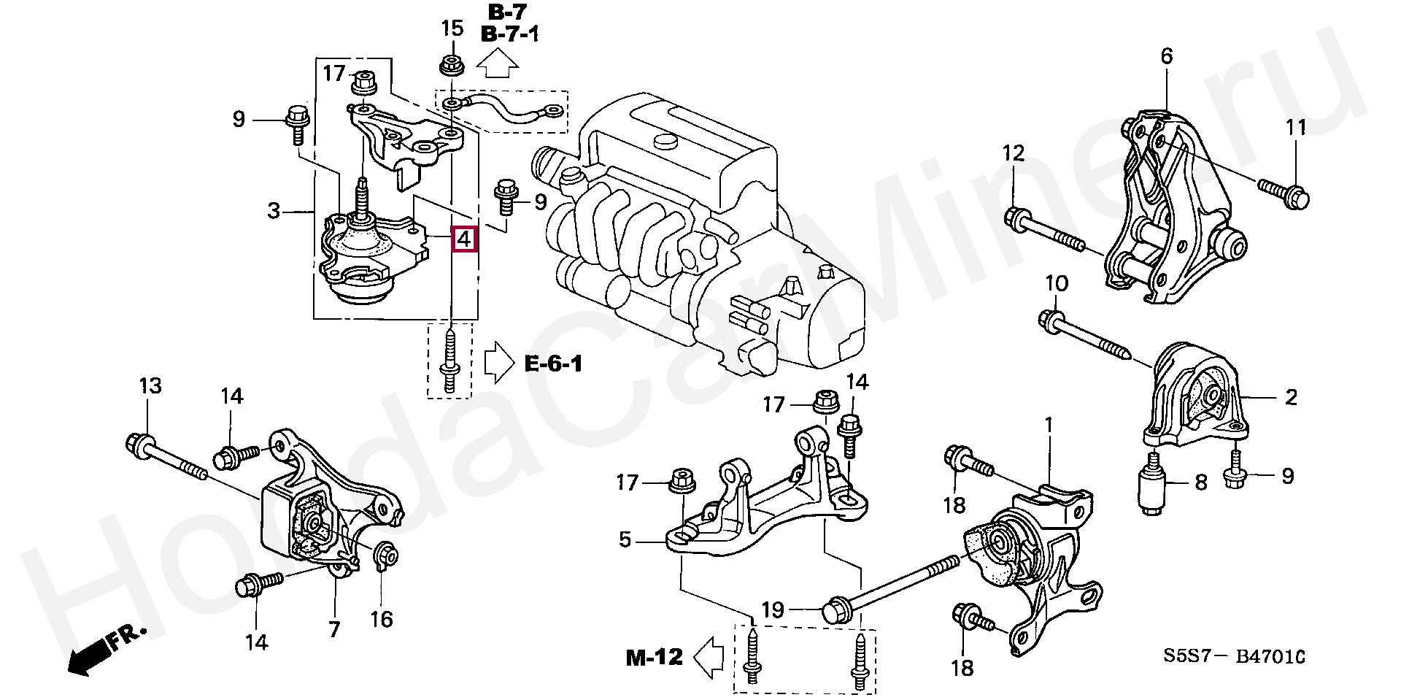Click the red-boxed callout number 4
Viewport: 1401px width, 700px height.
(465, 239)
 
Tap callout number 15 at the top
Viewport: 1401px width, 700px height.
(452, 30)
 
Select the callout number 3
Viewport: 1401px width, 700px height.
(274, 212)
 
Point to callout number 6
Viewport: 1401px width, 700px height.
(1166, 56)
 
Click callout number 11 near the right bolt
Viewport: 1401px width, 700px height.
(1296, 128)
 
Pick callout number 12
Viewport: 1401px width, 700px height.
(1013, 153)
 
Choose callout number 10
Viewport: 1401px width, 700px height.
(1057, 283)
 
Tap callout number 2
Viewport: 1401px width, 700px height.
(1291, 398)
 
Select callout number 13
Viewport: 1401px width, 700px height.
(150, 386)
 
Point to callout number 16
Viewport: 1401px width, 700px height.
(381, 619)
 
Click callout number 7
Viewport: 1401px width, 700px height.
(334, 628)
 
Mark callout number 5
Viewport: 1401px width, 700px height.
(625, 540)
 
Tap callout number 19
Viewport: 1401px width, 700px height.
(773, 609)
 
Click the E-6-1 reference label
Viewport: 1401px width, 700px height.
(553, 364)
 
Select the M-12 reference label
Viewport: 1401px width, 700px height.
(654, 658)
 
